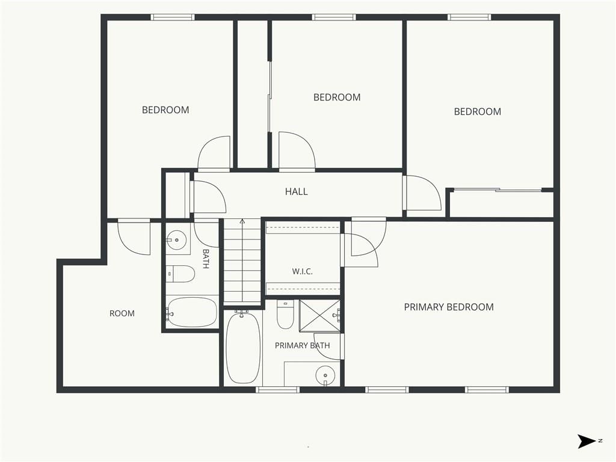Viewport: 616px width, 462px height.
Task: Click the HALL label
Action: coord(296,192)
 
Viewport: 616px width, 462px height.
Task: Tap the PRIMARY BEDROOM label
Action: coord(449,307)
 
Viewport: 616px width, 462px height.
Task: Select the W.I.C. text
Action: coord(302,271)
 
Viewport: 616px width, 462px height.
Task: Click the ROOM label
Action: coord(122,313)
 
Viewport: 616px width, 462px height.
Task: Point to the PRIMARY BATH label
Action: coord(302,346)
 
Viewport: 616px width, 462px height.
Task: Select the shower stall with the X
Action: coord(319,316)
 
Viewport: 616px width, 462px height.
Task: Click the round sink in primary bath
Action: coord(325,375)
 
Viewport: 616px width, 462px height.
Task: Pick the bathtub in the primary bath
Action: coord(243,347)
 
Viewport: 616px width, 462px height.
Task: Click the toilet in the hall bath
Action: coord(180,274)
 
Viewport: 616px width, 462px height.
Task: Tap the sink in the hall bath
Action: coord(176,239)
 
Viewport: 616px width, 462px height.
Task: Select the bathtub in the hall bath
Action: coord(192,312)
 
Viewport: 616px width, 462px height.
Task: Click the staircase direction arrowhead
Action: coord(242,221)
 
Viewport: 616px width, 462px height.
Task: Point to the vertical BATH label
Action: coord(206,259)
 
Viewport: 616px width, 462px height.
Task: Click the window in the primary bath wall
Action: coord(278,390)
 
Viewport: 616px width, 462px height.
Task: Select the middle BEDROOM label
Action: coord(337,97)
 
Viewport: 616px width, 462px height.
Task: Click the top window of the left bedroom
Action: coord(173,17)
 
